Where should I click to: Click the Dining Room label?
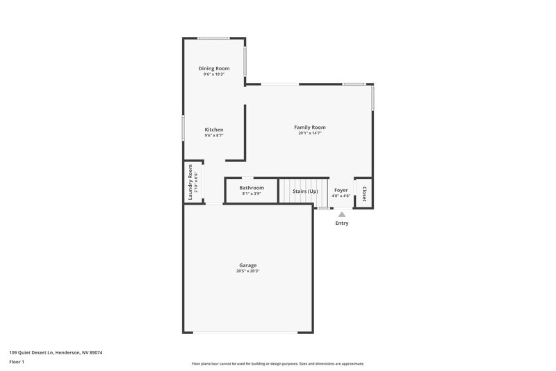pos(214,68)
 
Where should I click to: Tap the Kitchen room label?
pos(214,130)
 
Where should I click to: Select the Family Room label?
pos(310,127)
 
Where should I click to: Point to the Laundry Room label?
pos(190,182)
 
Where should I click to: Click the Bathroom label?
pos(252,188)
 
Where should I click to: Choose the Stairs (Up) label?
pos(305,191)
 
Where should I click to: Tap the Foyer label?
pos(341,190)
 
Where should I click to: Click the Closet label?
pos(363,192)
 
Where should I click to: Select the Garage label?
pos(248,265)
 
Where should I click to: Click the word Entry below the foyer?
pos(342,223)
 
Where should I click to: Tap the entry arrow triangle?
pos(342,214)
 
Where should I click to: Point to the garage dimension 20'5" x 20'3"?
pos(248,271)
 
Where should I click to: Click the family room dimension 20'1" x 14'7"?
pos(310,134)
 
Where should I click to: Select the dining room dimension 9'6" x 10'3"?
pos(214,74)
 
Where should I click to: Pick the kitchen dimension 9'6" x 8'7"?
pos(214,136)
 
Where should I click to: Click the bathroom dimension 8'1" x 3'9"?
pos(252,194)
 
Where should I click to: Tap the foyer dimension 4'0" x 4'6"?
pos(341,196)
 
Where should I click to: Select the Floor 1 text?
pos(17,362)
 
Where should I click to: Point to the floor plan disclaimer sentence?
pos(278,363)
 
